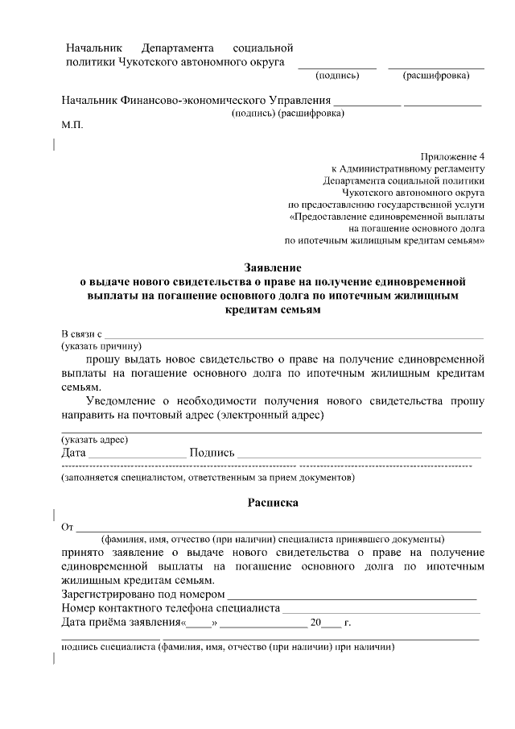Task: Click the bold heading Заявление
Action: pyautogui.click(x=272, y=267)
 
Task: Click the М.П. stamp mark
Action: pyautogui.click(x=72, y=126)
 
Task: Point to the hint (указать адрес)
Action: pyautogui.click(x=95, y=440)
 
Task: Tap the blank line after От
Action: pyautogui.click(x=278, y=529)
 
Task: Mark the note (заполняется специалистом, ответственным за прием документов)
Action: pyautogui.click(x=208, y=478)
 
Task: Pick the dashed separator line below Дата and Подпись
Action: pyautogui.click(x=266, y=466)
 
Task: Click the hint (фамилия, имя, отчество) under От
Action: pyautogui.click(x=273, y=539)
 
